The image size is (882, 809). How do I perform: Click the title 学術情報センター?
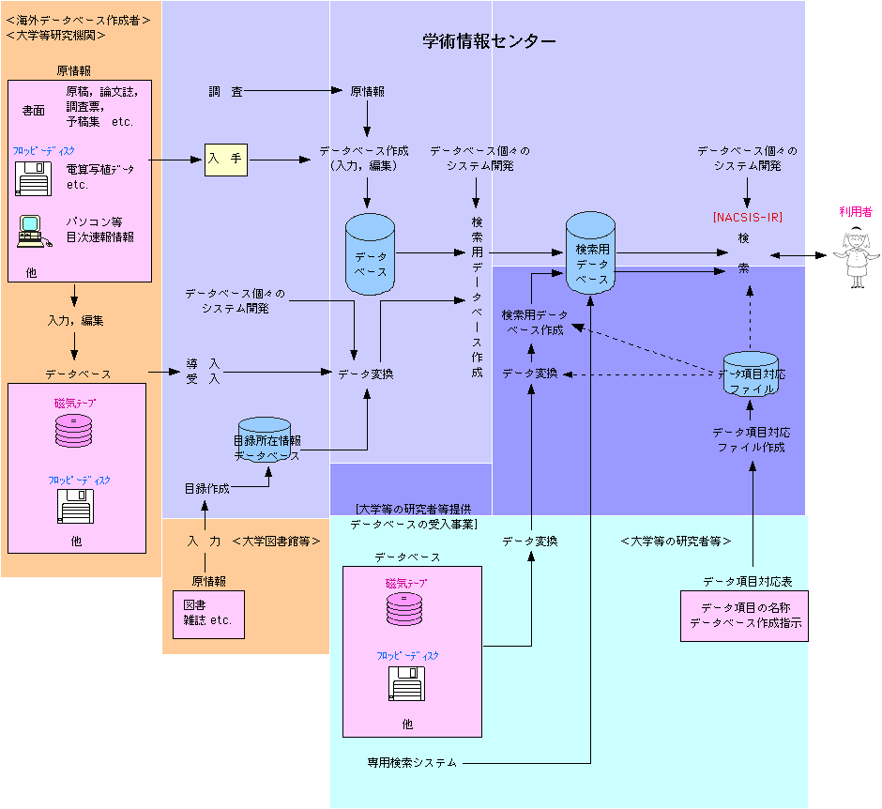coord(489,42)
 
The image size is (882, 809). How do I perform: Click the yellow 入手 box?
coord(226,160)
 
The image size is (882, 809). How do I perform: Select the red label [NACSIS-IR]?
coord(747,217)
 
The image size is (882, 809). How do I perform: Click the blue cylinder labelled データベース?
coord(371,256)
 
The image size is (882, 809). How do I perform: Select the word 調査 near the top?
coord(226,91)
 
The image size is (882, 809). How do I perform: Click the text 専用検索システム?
coord(412,763)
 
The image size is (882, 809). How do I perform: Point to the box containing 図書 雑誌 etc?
coord(207,613)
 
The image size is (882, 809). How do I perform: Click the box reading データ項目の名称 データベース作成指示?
coord(744,617)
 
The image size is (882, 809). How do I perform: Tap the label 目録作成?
coord(207,489)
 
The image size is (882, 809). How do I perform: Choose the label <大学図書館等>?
coord(277,542)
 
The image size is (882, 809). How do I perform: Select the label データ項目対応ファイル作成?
coord(751,440)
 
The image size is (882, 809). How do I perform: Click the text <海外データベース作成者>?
coord(78,19)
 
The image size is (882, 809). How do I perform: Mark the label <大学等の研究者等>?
coord(676,542)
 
